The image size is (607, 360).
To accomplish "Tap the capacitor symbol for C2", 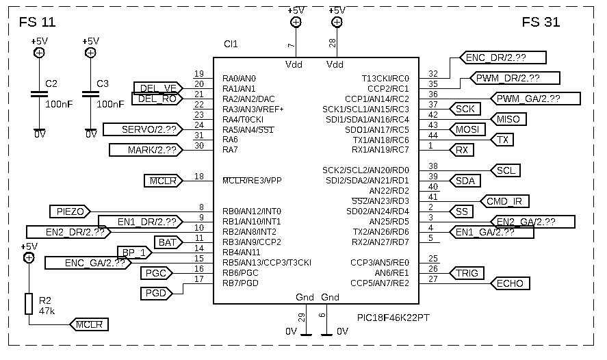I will tap(40, 95).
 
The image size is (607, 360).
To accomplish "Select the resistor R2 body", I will tap(29, 304).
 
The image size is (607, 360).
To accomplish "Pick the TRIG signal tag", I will tap(467, 273).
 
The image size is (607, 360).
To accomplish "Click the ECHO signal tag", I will tap(510, 283).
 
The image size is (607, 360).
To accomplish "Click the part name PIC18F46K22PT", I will tap(395, 318).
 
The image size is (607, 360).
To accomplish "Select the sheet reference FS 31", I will tap(541, 23).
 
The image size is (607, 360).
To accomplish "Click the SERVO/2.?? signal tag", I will tap(148, 129).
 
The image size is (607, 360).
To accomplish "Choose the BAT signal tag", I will tap(168, 242).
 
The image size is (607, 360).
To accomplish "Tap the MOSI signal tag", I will tap(468, 129).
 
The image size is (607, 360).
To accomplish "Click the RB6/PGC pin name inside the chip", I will tap(240, 272).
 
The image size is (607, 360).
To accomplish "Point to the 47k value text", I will tap(47, 311).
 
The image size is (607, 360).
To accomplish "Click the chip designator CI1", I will tap(231, 44).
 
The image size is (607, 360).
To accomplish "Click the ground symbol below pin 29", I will tap(306, 334).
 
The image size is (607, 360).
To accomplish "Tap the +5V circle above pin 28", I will tap(337, 22).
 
